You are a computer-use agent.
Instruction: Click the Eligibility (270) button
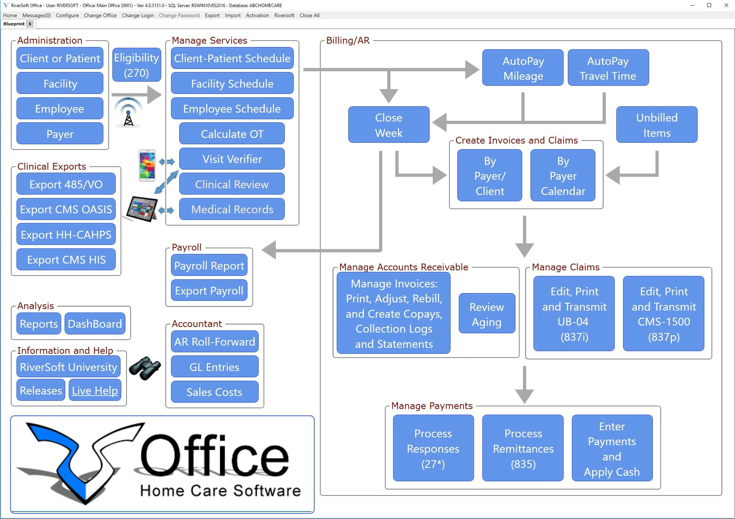pos(137,65)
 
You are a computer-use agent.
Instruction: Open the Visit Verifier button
pos(232,159)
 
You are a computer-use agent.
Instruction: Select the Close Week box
pos(389,125)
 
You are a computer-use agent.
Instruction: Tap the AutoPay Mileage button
pos(523,68)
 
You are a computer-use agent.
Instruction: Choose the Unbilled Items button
pos(657,125)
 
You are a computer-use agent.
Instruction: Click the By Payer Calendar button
pos(563,176)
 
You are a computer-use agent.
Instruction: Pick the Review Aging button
pos(487,314)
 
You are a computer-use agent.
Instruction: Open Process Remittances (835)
pos(523,448)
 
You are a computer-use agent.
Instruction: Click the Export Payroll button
pos(209,291)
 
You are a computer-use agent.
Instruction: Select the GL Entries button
pos(214,367)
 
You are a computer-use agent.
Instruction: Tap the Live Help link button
pos(95,390)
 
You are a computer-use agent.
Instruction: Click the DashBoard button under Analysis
pos(95,324)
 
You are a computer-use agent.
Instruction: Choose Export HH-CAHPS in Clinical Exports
pos(66,235)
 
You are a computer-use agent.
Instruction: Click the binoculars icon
pos(145,368)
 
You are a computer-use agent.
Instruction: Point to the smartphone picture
pos(147,165)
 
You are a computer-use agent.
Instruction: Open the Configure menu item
pos(67,15)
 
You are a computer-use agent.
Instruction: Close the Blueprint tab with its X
pos(30,24)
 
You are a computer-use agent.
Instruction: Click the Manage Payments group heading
pos(432,406)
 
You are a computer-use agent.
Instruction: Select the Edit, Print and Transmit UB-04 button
pos(574,314)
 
